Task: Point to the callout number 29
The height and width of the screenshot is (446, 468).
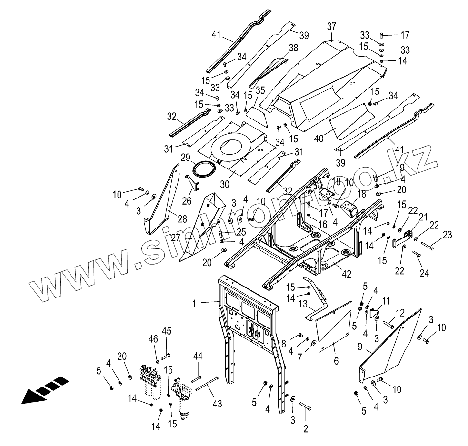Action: point(185,158)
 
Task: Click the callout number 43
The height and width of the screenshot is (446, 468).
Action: point(218,404)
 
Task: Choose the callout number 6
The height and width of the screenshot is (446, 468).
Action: point(336,362)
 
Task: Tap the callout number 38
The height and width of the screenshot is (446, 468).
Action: point(293,48)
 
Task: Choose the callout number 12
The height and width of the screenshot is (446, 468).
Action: point(400,313)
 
